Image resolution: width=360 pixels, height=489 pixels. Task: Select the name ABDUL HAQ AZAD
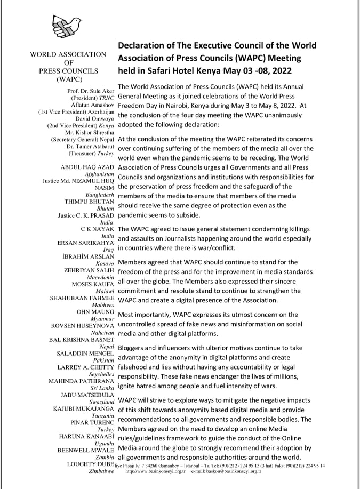point(87,167)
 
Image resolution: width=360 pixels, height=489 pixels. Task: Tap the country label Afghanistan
point(100,174)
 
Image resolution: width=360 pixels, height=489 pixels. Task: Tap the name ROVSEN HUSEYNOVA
point(82,325)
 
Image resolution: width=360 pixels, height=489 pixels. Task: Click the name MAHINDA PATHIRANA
point(81,381)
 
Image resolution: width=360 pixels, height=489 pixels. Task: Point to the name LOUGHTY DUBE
point(90,464)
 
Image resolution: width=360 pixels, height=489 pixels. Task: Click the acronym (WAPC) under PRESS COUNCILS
point(68,79)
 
